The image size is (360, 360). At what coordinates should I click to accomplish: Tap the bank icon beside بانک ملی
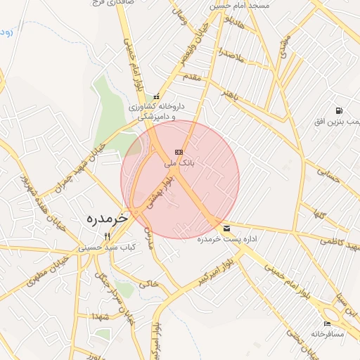(179, 152)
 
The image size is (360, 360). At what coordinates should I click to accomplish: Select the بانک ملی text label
(179, 163)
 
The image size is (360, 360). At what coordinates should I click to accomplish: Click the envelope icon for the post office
(226, 229)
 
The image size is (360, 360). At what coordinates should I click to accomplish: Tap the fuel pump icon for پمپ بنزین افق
(339, 110)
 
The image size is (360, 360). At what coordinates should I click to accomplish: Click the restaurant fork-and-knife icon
(108, 236)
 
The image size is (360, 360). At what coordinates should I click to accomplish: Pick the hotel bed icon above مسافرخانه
(327, 323)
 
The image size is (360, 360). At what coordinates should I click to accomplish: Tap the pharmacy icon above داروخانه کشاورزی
(156, 97)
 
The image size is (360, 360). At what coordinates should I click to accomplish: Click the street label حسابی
(328, 174)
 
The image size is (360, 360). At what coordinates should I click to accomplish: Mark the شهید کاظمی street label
(340, 243)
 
